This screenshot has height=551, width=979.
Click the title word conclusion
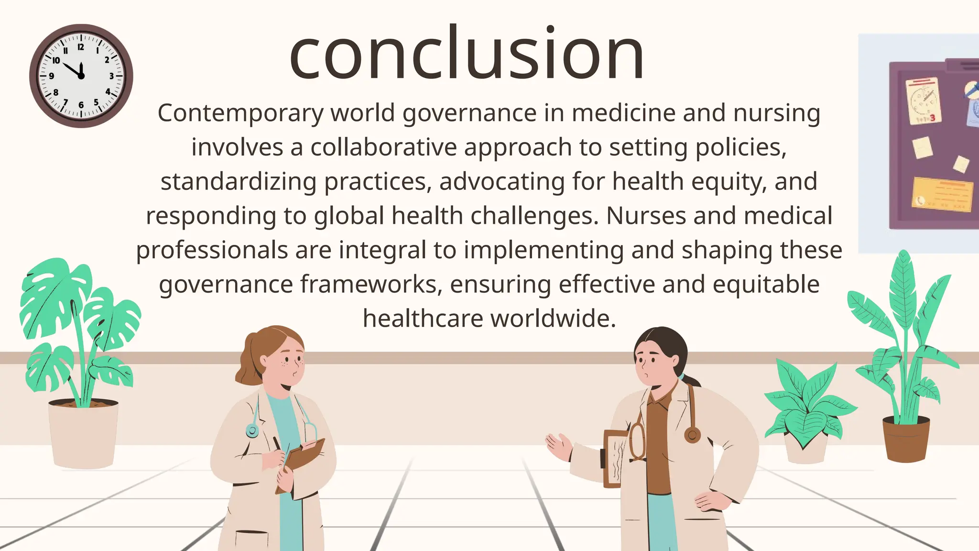coord(467,54)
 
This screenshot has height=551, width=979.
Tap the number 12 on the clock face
coord(81,47)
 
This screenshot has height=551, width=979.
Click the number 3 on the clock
coord(111,76)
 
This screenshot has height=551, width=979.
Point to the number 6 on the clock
coord(81,105)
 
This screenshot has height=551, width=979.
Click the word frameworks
coord(368,284)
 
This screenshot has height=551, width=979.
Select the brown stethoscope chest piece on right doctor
coord(692,435)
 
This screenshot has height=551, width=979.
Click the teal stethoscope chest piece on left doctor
coord(252,430)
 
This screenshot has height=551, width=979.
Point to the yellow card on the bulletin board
coord(942,194)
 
